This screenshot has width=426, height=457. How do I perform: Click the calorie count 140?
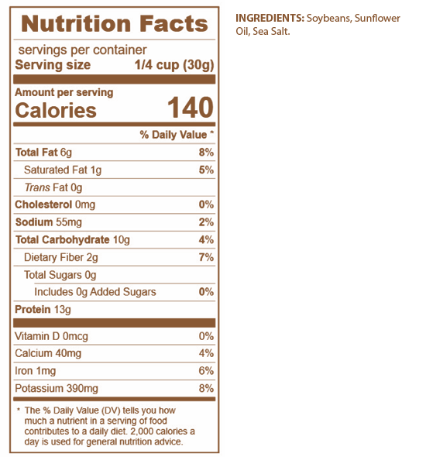click(x=191, y=108)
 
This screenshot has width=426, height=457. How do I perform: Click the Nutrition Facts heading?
click(x=115, y=23)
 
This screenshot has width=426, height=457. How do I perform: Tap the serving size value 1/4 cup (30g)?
click(x=174, y=65)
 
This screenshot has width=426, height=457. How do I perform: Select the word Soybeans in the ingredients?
click(x=328, y=19)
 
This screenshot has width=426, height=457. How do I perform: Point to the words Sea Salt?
click(x=271, y=32)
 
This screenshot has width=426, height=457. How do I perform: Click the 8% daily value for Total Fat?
click(x=206, y=152)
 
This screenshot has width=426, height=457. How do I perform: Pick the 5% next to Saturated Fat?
click(x=206, y=170)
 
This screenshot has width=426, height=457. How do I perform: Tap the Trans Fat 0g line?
click(x=53, y=187)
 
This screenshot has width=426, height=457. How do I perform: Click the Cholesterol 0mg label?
click(x=55, y=204)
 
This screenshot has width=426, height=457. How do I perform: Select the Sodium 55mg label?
click(x=49, y=222)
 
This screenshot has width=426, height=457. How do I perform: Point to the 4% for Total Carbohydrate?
click(x=206, y=239)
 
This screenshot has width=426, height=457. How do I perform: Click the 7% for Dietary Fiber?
click(x=206, y=257)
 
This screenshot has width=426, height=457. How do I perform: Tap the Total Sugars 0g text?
click(x=60, y=275)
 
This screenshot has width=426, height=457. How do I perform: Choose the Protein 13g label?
click(x=43, y=310)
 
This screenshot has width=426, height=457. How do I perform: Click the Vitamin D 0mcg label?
click(x=51, y=336)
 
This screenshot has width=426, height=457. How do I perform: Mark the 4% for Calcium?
click(x=206, y=353)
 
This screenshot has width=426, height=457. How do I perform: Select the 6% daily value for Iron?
click(x=206, y=371)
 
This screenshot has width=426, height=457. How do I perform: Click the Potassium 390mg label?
click(x=57, y=389)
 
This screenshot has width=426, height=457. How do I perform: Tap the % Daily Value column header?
click(x=177, y=135)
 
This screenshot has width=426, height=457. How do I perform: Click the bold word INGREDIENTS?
click(x=270, y=18)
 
